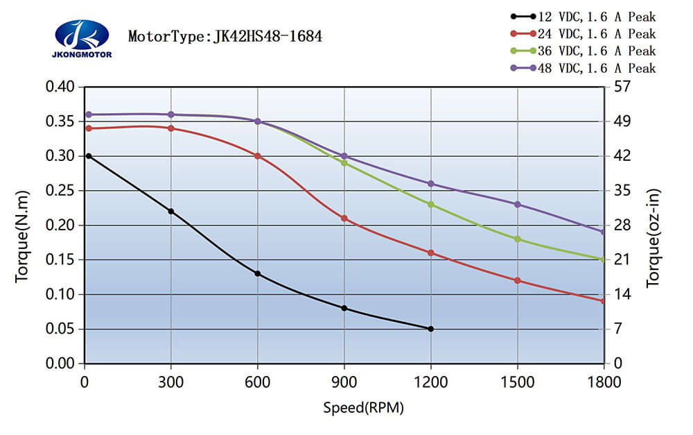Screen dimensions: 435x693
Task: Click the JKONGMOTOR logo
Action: click(81, 37)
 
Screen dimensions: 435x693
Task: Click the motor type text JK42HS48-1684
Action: click(225, 36)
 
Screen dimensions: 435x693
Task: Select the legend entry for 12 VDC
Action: click(583, 17)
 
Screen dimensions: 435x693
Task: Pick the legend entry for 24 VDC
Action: click(583, 33)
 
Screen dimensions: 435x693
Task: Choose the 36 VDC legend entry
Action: click(583, 51)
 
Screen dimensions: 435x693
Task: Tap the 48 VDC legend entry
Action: click(583, 68)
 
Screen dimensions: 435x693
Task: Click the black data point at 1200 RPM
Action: click(431, 329)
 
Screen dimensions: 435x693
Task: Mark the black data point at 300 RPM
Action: click(171, 211)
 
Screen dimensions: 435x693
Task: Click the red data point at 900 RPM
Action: click(344, 219)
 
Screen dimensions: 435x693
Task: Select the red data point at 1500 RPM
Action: click(518, 280)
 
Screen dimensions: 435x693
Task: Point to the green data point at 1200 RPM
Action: click(431, 204)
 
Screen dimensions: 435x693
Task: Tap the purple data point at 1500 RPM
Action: click(518, 204)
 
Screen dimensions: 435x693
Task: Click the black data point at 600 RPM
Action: click(258, 273)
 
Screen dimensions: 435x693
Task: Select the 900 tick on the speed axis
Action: click(344, 382)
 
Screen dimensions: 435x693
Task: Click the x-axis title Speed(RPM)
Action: click(363, 407)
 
